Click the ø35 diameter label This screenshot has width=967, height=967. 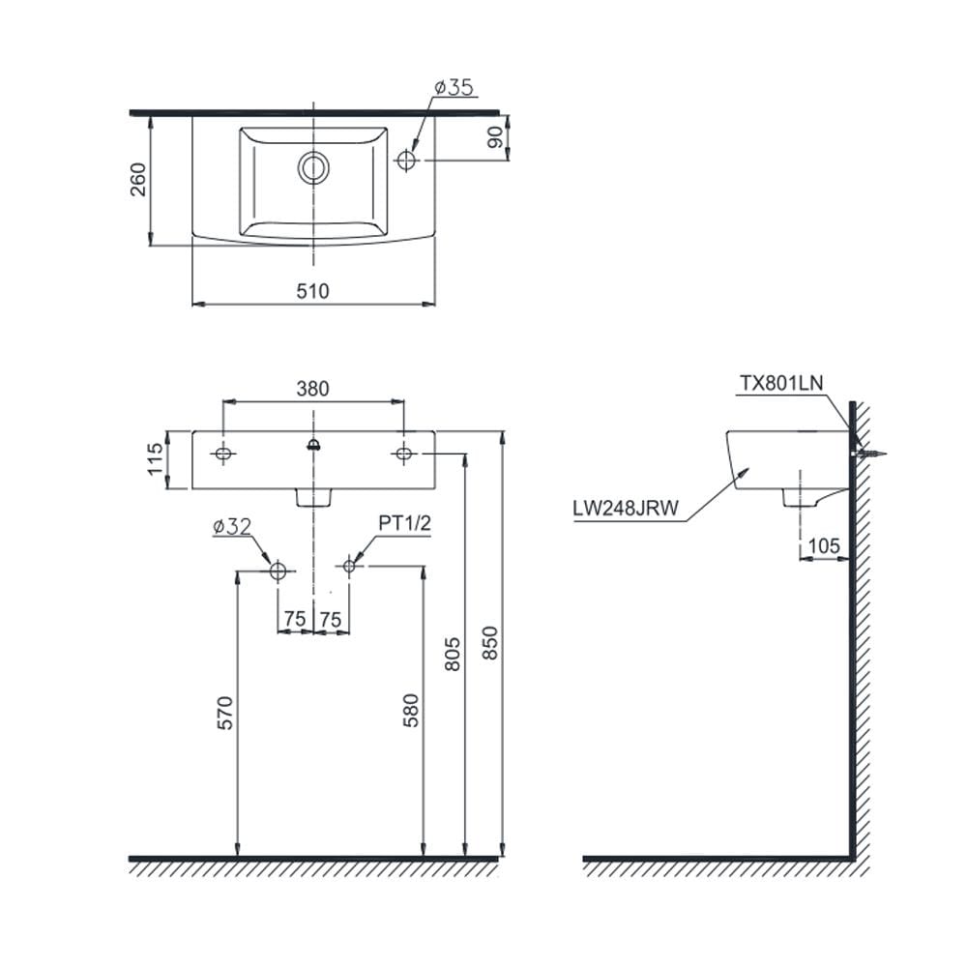(x=454, y=88)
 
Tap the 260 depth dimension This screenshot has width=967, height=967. (x=138, y=180)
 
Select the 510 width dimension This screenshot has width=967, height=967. (x=312, y=291)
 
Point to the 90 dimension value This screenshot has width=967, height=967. (x=495, y=138)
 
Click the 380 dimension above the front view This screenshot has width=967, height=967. (x=312, y=389)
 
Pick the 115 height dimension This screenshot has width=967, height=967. (x=155, y=459)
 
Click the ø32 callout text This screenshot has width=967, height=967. (x=232, y=527)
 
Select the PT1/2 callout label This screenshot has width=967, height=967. (x=404, y=523)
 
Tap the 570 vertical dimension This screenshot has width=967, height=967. (x=225, y=713)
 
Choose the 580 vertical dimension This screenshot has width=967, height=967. (x=411, y=711)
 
